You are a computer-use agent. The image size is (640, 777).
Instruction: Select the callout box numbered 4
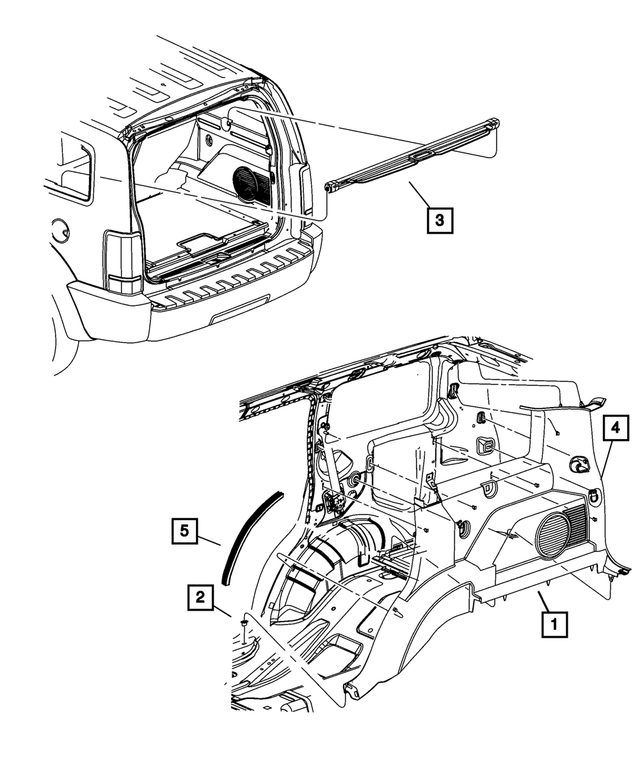617,427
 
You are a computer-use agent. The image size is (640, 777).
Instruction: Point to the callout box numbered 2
201,598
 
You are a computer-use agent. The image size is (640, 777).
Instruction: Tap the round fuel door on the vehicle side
59,230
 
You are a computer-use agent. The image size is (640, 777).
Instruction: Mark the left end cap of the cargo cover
334,184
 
